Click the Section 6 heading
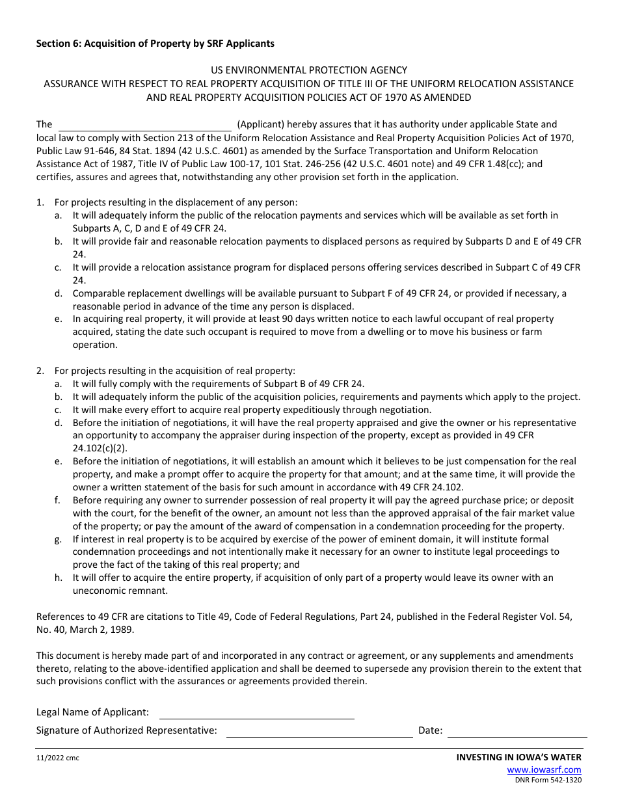tap(155, 44)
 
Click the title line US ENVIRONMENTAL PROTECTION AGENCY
tap(309, 70)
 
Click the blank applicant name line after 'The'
tap(145, 125)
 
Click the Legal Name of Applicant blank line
tap(257, 713)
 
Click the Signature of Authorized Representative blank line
tap(319, 731)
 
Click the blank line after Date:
tap(517, 731)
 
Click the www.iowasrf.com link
tap(544, 769)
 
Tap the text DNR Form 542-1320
tap(548, 779)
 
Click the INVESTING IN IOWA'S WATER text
tap(518, 757)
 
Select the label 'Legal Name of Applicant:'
tap(92, 712)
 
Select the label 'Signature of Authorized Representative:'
tap(126, 730)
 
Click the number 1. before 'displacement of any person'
tap(40, 202)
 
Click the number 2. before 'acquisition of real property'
tap(40, 371)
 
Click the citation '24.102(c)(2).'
tap(100, 448)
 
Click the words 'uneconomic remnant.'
tap(120, 591)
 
